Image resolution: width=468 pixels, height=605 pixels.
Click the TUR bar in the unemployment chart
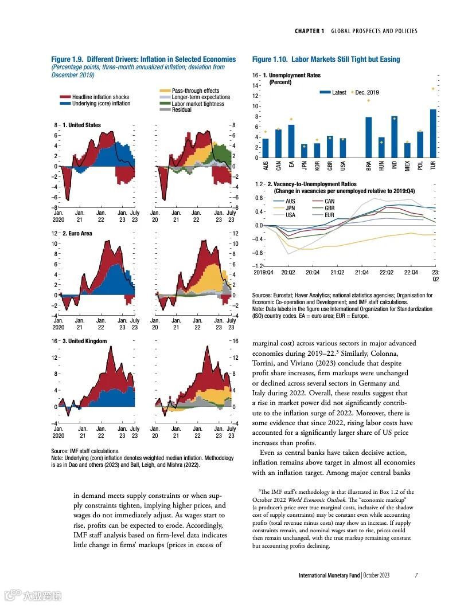click(433, 133)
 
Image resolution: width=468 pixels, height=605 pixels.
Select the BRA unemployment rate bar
click(369, 137)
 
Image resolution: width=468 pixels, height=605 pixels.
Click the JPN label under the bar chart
click(304, 166)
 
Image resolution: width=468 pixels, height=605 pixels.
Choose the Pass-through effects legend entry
click(195, 91)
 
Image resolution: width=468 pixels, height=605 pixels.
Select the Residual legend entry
click(182, 110)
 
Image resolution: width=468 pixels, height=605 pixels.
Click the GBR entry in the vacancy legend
click(329, 208)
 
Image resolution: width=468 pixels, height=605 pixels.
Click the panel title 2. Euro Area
click(77, 234)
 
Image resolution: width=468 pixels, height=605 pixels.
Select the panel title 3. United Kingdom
click(83, 341)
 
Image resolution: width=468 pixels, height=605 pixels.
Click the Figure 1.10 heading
click(326, 60)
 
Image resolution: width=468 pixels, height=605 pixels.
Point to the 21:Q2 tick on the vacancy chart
click(337, 273)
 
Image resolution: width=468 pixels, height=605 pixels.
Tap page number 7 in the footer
click(416, 575)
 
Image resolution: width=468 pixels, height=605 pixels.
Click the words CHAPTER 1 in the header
click(310, 31)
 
